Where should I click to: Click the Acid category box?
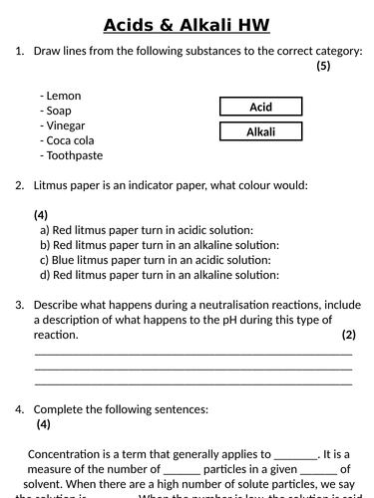[260, 107]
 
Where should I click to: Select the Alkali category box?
[260, 131]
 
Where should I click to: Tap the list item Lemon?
[61, 96]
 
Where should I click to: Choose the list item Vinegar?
[66, 125]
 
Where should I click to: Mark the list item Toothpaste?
[72, 155]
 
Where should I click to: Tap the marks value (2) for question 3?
[348, 335]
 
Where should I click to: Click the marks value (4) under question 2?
[41, 214]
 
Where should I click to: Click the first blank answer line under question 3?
[193, 352]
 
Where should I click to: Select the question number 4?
[19, 409]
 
